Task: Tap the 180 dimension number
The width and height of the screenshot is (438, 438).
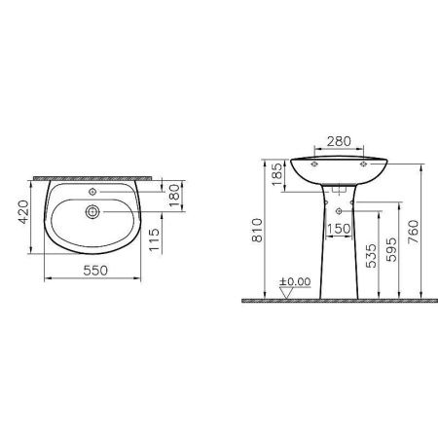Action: [x=174, y=194]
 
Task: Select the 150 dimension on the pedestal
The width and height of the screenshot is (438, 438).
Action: [x=340, y=229]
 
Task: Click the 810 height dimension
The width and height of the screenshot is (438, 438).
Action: [x=256, y=230]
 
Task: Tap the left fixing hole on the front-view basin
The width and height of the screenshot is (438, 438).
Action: [x=316, y=166]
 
